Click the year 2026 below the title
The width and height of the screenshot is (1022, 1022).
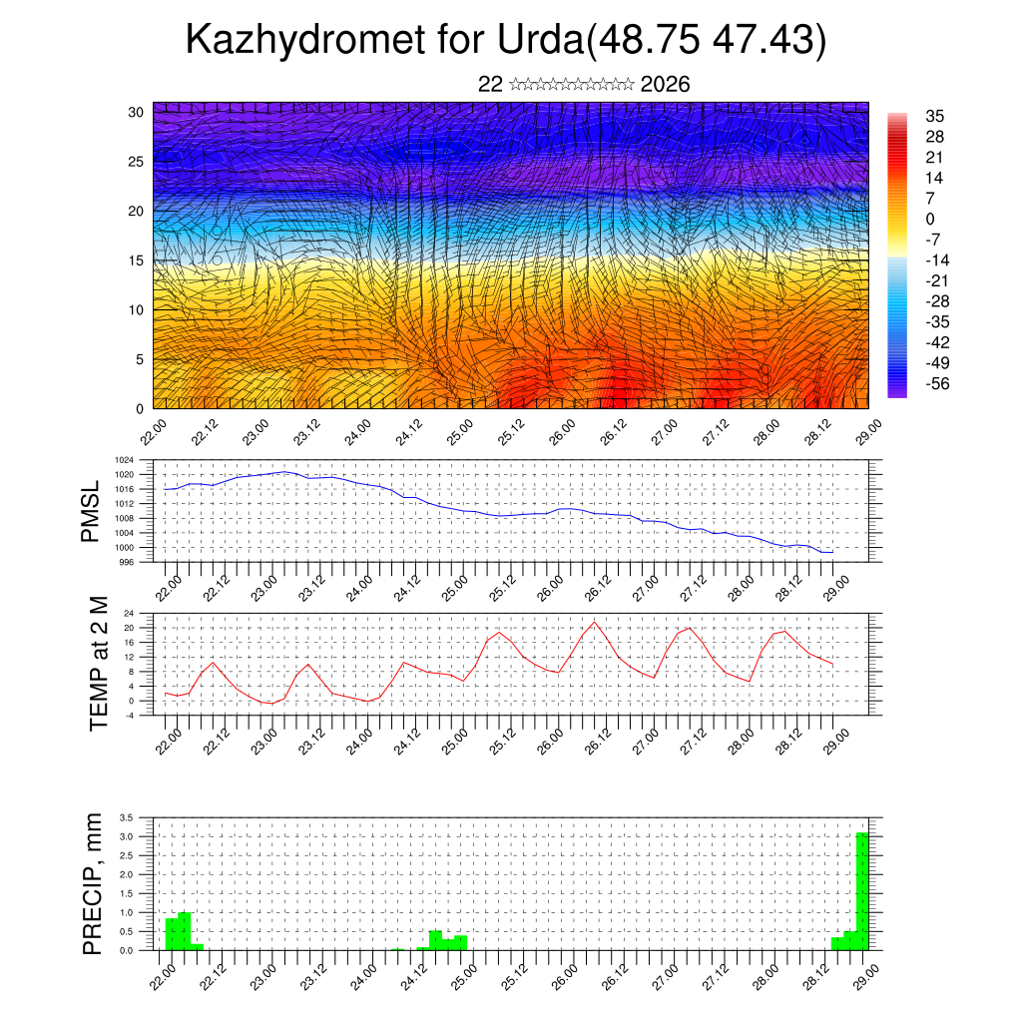click(x=665, y=84)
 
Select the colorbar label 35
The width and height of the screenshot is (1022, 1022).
click(x=934, y=117)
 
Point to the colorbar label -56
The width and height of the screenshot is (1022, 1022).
click(x=937, y=382)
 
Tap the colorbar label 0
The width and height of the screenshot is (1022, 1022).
click(x=930, y=219)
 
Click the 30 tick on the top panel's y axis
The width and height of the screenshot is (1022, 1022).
click(x=136, y=112)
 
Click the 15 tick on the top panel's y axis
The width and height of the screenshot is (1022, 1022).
click(x=136, y=260)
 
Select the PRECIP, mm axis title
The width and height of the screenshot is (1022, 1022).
click(x=92, y=883)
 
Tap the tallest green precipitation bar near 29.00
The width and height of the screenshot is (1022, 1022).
click(x=862, y=890)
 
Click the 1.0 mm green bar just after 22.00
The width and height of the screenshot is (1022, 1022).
click(x=184, y=930)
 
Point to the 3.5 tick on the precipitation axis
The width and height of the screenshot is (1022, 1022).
click(x=127, y=817)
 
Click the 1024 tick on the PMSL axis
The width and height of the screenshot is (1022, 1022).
click(x=125, y=460)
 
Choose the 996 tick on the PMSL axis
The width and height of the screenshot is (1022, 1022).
click(x=127, y=562)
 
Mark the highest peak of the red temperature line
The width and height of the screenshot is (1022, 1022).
click(x=595, y=623)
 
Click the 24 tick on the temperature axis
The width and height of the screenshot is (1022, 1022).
click(x=129, y=613)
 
